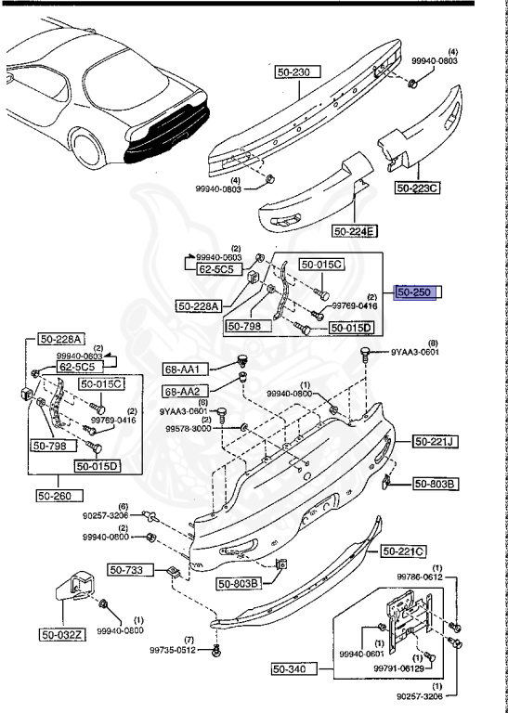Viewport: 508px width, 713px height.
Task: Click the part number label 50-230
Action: coord(297,71)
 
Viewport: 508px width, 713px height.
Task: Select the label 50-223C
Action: coord(418,188)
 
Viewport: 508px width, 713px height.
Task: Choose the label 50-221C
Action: coord(402,551)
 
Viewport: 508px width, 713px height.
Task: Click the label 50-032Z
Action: coord(61,635)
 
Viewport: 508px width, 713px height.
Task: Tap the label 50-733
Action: coord(125,570)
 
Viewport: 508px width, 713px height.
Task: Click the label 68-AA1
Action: coord(183,369)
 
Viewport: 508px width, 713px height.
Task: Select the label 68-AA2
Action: coord(183,391)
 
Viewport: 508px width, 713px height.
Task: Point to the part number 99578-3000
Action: coord(189,429)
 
